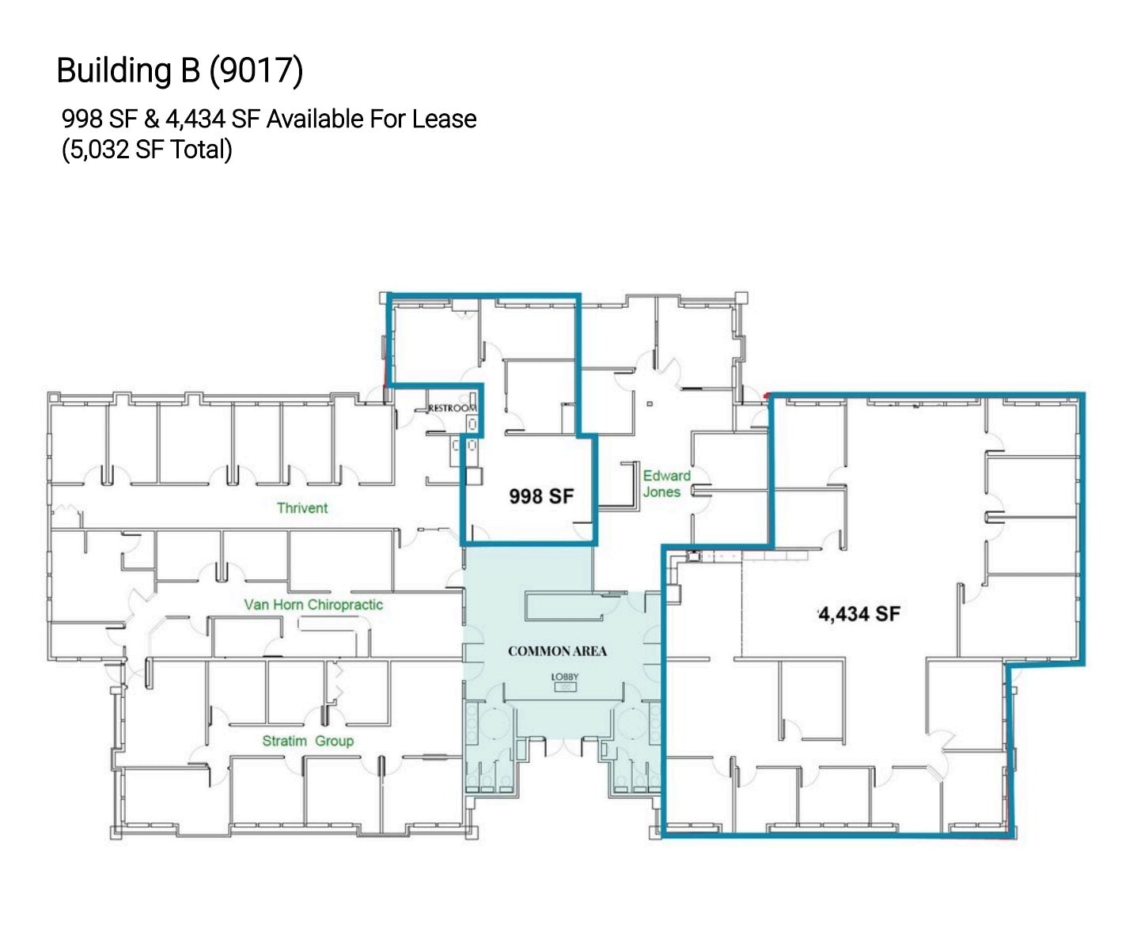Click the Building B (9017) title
(180, 70)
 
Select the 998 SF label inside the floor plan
(541, 496)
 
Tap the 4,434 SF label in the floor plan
(859, 614)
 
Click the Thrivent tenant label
(301, 508)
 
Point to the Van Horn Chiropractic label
(313, 605)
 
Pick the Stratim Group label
(308, 741)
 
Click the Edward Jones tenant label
(665, 484)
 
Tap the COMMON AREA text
(557, 651)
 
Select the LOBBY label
(565, 677)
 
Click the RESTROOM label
(452, 408)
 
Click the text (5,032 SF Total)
(147, 150)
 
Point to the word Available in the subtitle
(315, 120)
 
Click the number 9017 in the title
(256, 70)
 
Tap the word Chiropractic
(345, 605)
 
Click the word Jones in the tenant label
(661, 492)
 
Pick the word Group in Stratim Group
(334, 741)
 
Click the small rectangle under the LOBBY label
(565, 687)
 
